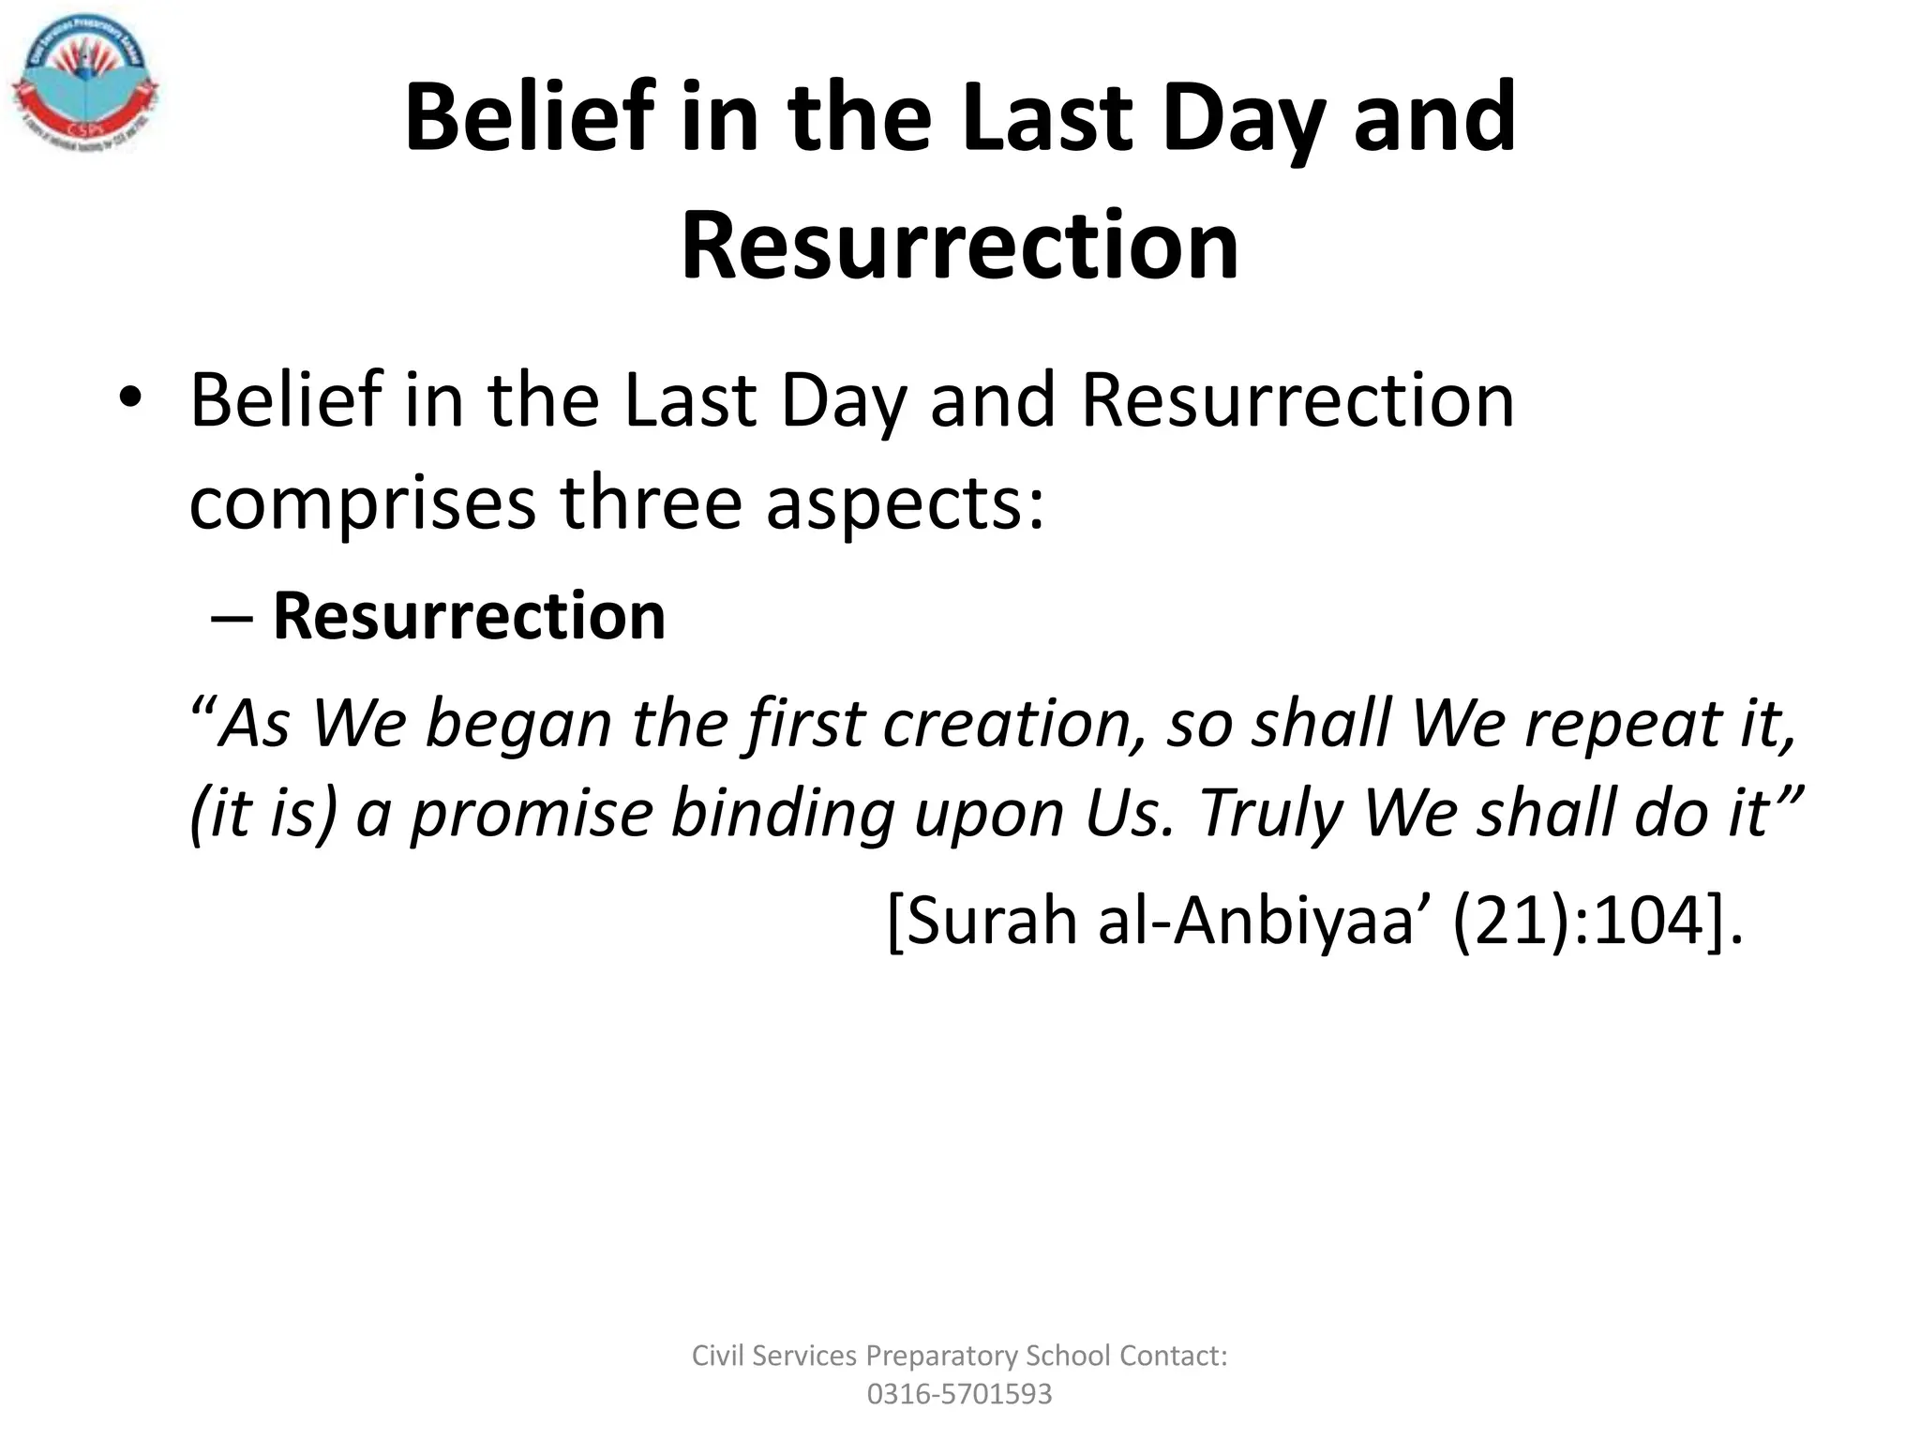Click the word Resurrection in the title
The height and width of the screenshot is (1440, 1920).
tap(959, 246)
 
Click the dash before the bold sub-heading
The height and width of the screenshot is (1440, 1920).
tap(231, 619)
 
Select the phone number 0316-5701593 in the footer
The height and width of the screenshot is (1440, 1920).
tap(959, 1394)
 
